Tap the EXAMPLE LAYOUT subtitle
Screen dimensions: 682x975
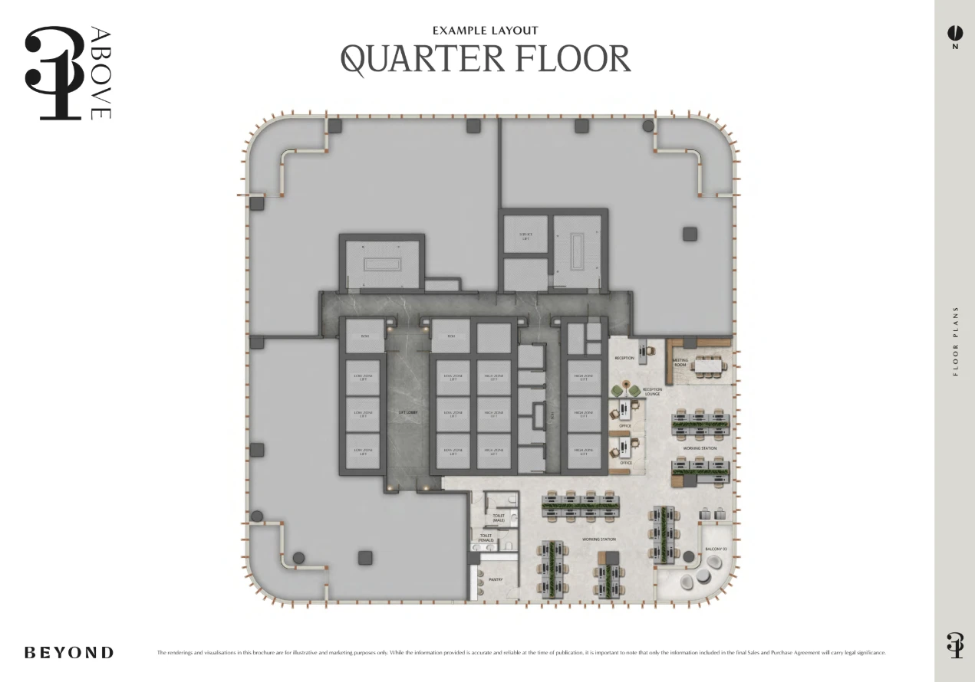(485, 31)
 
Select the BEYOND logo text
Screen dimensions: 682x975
(69, 653)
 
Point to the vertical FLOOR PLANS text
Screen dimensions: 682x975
(955, 342)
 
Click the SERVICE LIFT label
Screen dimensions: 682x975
(525, 236)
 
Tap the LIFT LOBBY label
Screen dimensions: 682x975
(407, 412)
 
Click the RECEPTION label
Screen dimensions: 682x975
(624, 358)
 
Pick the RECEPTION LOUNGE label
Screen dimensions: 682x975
(652, 392)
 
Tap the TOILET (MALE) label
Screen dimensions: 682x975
(498, 518)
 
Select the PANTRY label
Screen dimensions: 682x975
(496, 579)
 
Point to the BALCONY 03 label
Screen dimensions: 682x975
(716, 549)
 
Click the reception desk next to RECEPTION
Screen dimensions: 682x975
(643, 348)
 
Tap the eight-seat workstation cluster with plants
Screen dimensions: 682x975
(581, 502)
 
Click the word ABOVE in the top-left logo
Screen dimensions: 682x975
(100, 73)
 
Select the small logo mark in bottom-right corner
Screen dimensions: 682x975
(954, 645)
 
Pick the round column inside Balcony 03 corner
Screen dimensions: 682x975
(689, 557)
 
